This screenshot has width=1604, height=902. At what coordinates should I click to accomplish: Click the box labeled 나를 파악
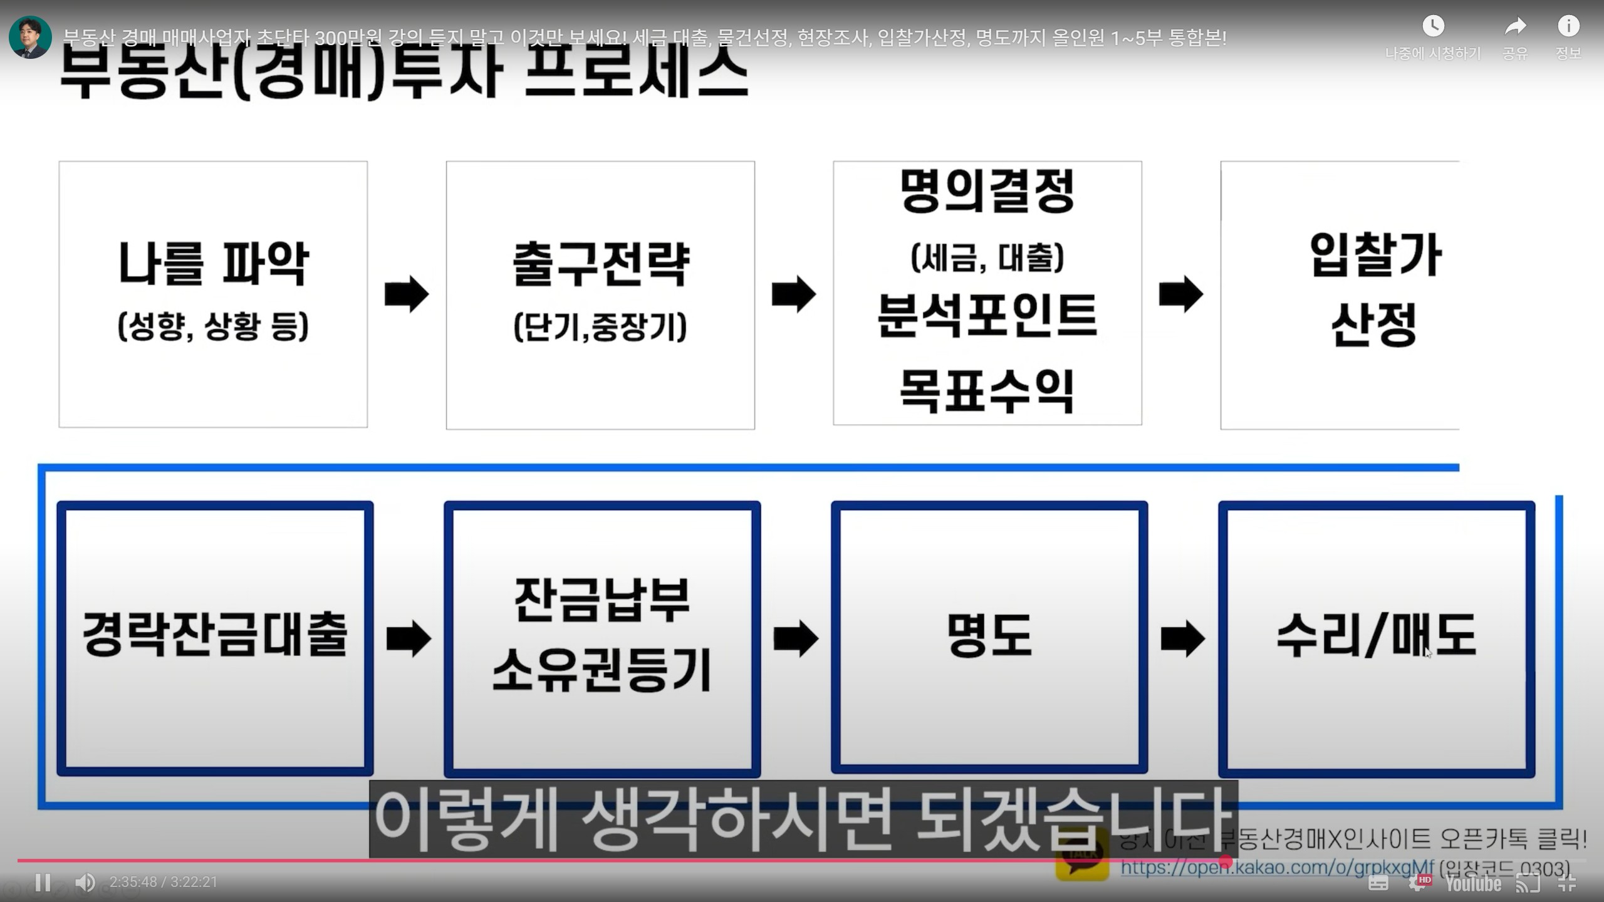tap(213, 294)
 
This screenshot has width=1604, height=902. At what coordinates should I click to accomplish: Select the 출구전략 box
tap(600, 294)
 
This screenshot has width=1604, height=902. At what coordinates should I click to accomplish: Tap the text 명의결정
tap(987, 191)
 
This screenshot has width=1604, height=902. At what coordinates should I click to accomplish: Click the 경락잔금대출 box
tap(215, 638)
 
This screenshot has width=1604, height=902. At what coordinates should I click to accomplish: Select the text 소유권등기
tap(601, 670)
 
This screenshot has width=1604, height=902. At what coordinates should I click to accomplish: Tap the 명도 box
tap(989, 638)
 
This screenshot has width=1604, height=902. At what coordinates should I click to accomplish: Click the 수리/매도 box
tap(1376, 638)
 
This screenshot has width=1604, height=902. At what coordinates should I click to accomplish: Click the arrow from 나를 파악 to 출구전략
tap(407, 294)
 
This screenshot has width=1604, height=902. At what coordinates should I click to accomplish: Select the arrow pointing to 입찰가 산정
tap(1181, 294)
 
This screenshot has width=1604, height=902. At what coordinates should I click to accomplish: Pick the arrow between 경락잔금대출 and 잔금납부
tap(409, 638)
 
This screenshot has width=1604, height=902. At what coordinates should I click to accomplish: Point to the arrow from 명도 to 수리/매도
tap(1183, 638)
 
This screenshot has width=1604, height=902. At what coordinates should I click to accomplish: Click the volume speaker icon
tap(85, 883)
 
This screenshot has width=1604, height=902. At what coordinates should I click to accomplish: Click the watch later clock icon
tap(1433, 26)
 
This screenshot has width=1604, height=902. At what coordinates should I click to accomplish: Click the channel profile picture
tap(30, 37)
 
